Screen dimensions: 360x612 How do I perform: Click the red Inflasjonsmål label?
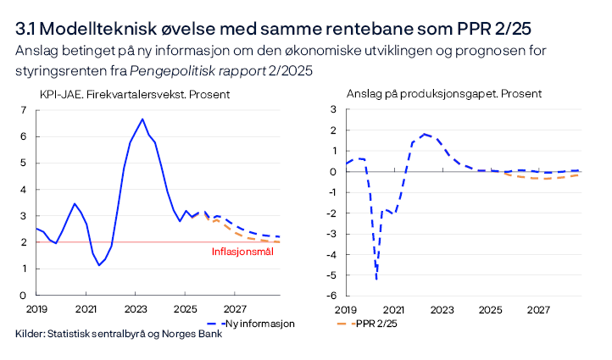click(x=242, y=252)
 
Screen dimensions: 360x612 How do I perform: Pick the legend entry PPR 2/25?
click(x=377, y=324)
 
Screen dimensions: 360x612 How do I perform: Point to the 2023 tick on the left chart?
click(x=136, y=307)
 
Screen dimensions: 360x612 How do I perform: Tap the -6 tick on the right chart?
click(x=332, y=296)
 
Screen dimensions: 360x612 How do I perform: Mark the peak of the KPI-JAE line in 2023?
click(x=142, y=119)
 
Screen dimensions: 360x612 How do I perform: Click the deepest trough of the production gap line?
click(x=376, y=278)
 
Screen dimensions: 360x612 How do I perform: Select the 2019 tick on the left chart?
click(x=36, y=307)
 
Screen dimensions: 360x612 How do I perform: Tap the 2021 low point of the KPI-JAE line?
click(x=99, y=265)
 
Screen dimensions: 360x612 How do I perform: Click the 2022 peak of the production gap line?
click(x=424, y=134)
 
